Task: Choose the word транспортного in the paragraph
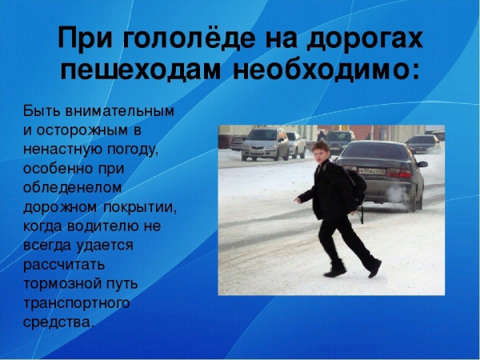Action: tap(75, 303)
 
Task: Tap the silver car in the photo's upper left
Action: tap(265, 143)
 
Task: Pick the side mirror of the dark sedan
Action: tap(422, 164)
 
